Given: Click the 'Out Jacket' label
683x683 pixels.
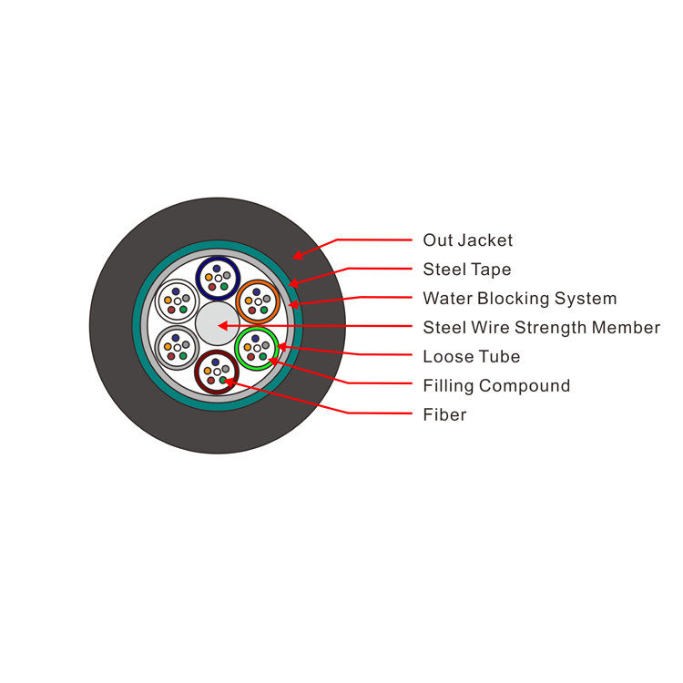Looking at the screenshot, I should (x=467, y=240).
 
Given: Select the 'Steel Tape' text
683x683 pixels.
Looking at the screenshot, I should (x=466, y=270).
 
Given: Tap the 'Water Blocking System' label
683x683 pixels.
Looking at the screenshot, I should (x=519, y=299).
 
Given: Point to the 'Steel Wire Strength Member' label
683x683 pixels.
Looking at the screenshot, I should (x=541, y=328).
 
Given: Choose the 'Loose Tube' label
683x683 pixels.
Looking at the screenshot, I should (x=471, y=357).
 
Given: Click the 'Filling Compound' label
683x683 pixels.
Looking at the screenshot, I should (x=496, y=386).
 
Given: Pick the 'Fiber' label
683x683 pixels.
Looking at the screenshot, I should (x=444, y=415).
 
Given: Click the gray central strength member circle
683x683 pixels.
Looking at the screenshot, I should (x=217, y=324).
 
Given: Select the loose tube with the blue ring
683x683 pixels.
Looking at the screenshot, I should (x=218, y=278).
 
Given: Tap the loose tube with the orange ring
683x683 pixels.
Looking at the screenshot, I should (x=258, y=301).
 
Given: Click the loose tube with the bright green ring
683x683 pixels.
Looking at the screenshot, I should (x=257, y=348).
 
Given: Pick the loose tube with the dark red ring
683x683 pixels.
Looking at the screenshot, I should (x=217, y=371).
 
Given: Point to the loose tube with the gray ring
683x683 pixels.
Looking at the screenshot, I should (x=177, y=347).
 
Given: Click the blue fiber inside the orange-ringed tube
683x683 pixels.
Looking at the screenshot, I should (x=257, y=291).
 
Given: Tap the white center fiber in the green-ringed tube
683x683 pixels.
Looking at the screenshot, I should (x=257, y=348).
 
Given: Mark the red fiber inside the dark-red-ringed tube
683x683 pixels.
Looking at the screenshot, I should (x=210, y=380).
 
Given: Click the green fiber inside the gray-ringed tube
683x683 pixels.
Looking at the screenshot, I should (x=183, y=356).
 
